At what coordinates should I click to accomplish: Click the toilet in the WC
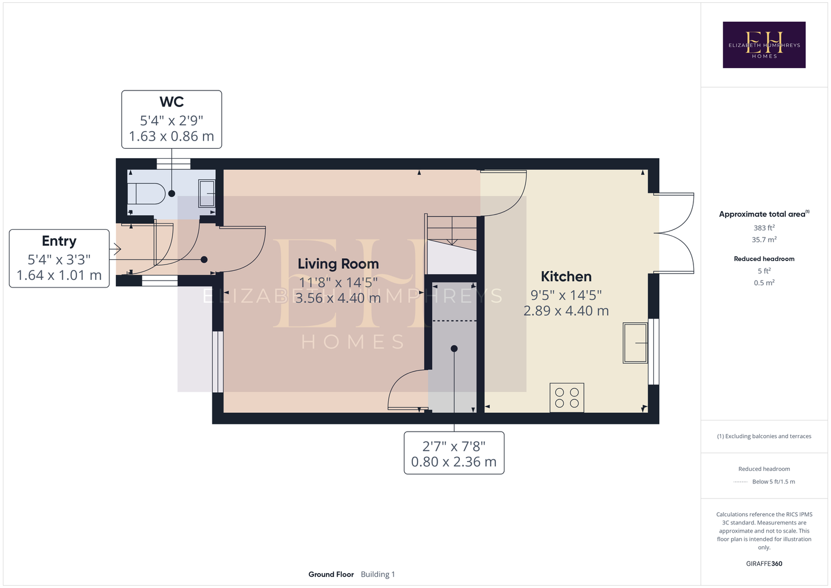(146, 193)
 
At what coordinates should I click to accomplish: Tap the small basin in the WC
(206, 193)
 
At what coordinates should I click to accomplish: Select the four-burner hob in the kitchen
(567, 397)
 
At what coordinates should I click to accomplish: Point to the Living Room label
(338, 264)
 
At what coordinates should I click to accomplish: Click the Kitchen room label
(566, 276)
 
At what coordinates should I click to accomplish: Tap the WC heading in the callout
(171, 102)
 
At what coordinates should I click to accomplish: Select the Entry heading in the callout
(59, 241)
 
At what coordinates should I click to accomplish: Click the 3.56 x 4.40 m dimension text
(338, 298)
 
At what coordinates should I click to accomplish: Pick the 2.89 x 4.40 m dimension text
(566, 310)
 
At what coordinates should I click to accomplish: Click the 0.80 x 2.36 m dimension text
(453, 462)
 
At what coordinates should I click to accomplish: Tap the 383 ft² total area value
(764, 228)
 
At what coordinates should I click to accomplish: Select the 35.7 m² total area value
(764, 240)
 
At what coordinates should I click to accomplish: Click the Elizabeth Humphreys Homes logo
(764, 45)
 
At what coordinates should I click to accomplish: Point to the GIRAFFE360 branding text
(764, 563)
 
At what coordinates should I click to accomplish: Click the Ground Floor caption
(331, 574)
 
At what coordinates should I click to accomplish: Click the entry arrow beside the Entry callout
(115, 249)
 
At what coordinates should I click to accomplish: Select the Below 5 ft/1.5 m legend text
(773, 482)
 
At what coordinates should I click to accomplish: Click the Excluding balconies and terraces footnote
(764, 436)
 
